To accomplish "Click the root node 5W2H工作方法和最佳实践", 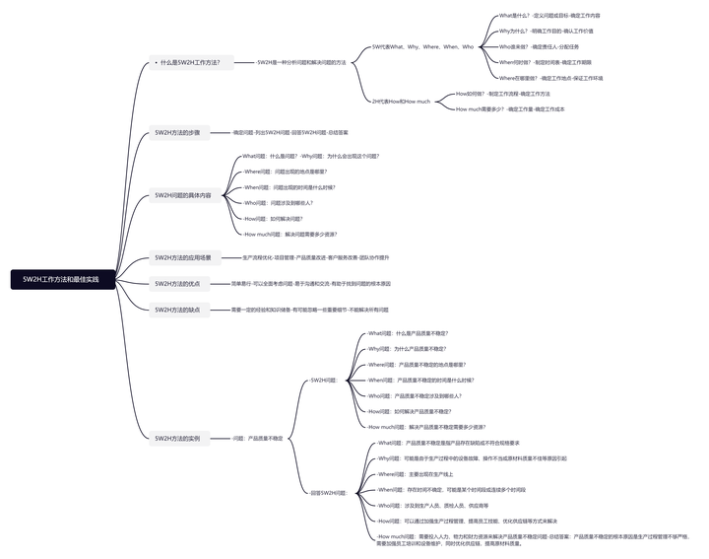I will click(x=62, y=280).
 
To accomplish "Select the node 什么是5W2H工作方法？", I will click(x=191, y=62).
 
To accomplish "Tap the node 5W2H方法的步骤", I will click(x=176, y=132).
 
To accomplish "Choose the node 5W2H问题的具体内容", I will click(x=182, y=195).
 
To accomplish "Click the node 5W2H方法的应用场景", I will click(x=182, y=257).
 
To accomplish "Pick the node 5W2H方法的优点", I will click(x=176, y=283).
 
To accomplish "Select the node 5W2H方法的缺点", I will click(x=176, y=310).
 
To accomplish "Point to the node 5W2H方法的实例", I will click(x=176, y=438).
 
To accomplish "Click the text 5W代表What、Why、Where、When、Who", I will click(x=422, y=46).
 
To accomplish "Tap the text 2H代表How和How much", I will click(x=401, y=102).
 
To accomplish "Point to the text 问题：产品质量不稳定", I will click(x=257, y=438).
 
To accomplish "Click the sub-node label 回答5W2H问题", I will click(x=328, y=492).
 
